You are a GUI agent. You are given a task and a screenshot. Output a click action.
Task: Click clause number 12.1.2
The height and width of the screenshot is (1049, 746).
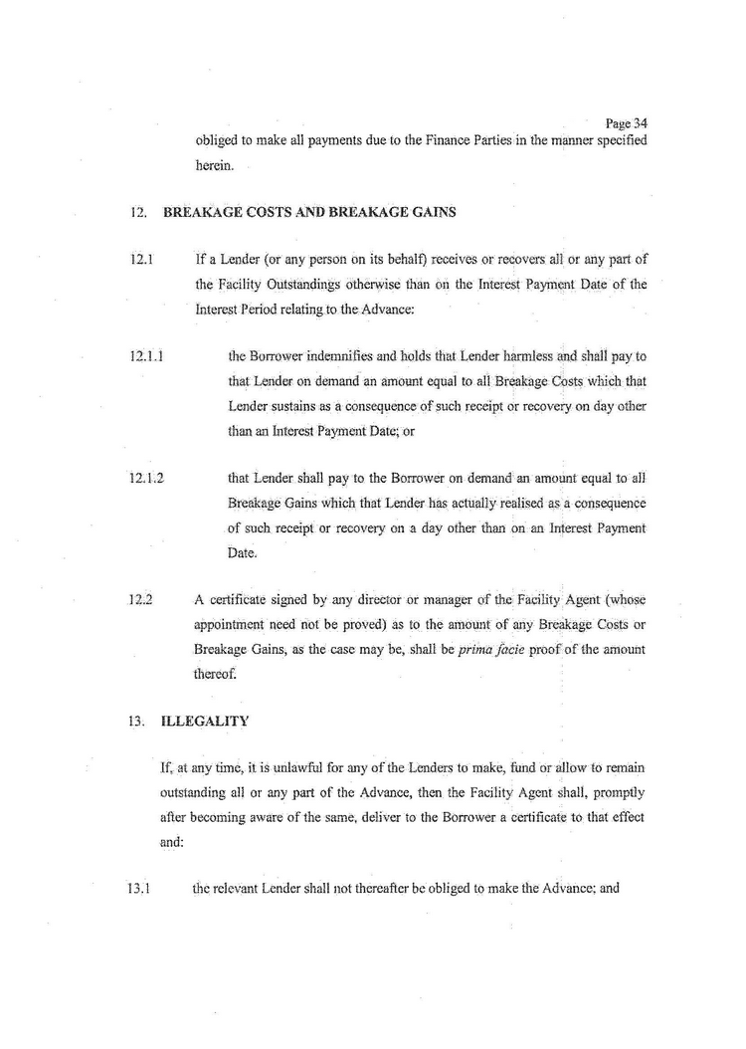pyautogui.click(x=146, y=476)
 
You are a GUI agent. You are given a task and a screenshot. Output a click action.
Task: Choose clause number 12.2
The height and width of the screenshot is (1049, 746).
pyautogui.click(x=139, y=600)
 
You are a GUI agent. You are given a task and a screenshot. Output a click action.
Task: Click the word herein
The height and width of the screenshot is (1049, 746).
pyautogui.click(x=215, y=165)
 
